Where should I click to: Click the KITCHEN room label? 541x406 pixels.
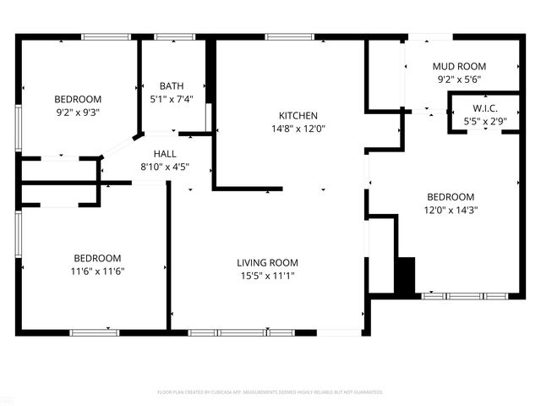pos(298,116)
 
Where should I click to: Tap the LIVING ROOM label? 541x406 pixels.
pos(267,262)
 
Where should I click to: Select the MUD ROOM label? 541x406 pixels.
pos(459,66)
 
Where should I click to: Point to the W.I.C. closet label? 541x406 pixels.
pos(484,109)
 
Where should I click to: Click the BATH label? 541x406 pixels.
pos(172,85)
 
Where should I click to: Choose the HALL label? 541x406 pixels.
pos(165,154)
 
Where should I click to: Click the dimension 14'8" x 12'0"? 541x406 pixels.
pos(298,129)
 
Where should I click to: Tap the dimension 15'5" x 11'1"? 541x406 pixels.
pos(267,276)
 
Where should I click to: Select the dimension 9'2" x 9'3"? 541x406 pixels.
pos(78,112)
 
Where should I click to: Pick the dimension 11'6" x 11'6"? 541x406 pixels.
pos(97,272)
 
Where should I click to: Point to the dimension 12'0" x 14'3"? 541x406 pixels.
pos(451,211)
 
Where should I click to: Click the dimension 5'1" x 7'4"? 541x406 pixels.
pos(172,99)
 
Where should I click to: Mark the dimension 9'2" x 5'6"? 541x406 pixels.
pos(459,80)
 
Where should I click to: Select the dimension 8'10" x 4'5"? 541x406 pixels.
pos(165,167)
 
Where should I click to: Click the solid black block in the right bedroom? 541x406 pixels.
pos(406,276)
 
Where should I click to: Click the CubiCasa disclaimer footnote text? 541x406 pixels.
pos(270,392)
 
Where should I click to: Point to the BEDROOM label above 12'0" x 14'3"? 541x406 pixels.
pos(451,197)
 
